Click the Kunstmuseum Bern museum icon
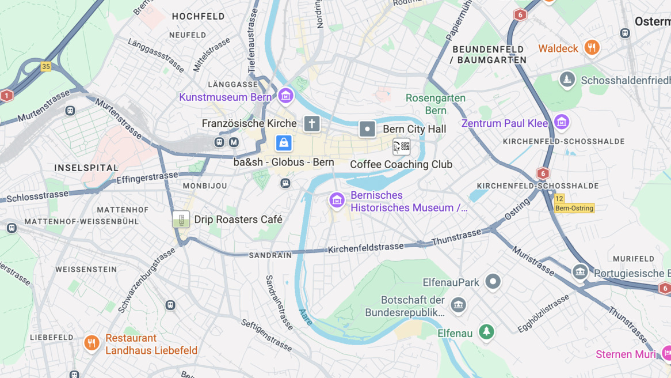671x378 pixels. click(x=285, y=96)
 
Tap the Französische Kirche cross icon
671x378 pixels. click(x=312, y=123)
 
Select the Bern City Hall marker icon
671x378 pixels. click(x=367, y=129)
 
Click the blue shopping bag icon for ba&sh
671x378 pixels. click(x=284, y=143)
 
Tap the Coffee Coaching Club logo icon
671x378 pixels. click(x=401, y=147)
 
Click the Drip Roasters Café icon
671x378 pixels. click(x=181, y=220)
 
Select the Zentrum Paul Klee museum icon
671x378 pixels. click(x=561, y=122)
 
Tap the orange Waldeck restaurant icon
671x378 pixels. click(x=592, y=48)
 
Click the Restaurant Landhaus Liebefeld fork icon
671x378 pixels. click(x=91, y=343)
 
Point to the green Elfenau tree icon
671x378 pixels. click(x=486, y=332)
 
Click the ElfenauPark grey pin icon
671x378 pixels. click(x=493, y=281)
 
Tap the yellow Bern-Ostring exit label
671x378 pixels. click(x=574, y=208)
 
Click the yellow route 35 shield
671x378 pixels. click(x=46, y=67)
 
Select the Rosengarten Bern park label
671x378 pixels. click(x=436, y=104)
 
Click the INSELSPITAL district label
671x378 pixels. click(x=86, y=168)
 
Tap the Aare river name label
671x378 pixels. click(x=306, y=317)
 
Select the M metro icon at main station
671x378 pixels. click(x=233, y=142)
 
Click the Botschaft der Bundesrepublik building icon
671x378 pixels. click(x=458, y=305)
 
